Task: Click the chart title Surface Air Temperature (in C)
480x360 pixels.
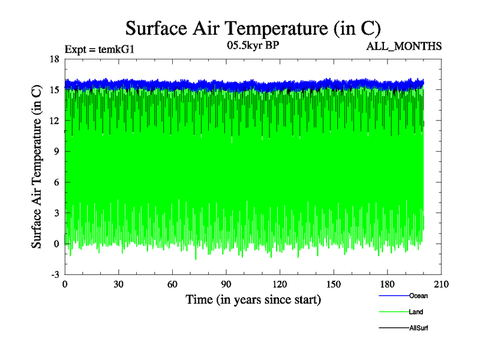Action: (x=253, y=28)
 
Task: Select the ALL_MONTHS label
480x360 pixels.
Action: (x=404, y=46)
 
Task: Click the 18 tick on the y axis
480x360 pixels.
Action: (x=54, y=59)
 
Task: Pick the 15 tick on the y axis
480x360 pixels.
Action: (x=54, y=90)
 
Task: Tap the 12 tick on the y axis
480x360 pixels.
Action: (x=54, y=121)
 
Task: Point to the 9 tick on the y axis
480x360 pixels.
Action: (x=56, y=151)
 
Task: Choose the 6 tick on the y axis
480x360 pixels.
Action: (x=56, y=182)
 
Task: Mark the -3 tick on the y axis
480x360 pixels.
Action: (x=54, y=274)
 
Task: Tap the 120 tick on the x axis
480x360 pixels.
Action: (x=280, y=284)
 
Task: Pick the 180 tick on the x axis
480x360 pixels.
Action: (x=388, y=284)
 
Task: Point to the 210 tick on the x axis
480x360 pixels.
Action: (x=441, y=284)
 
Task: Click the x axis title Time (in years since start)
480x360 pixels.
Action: (x=253, y=299)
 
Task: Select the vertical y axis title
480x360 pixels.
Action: (x=37, y=167)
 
